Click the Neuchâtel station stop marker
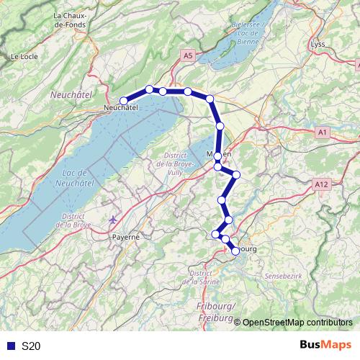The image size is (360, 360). coord(124,101)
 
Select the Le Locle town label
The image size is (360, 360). coord(24,55)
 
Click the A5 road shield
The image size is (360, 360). coord(188,55)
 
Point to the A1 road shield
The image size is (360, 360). coord(322,132)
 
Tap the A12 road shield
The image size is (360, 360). coord(322,185)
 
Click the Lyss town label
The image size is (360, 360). coord(318,45)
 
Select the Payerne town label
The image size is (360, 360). coord(125,236)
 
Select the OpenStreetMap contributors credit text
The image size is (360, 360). coord(297,323)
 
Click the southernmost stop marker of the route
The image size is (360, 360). coord(235,251)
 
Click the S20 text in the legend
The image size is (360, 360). coord(30,346)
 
